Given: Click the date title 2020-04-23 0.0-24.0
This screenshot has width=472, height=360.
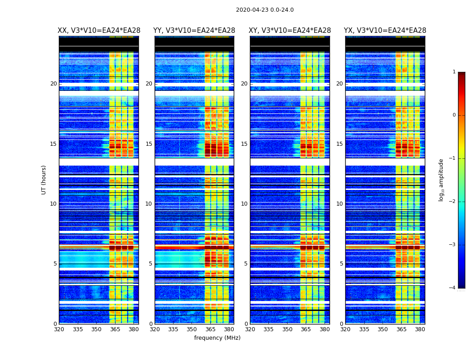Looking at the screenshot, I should click(265, 10).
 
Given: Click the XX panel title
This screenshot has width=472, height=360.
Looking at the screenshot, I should click(99, 31).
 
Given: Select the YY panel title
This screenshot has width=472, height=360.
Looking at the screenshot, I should click(194, 31).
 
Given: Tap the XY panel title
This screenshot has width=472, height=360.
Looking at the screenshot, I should click(290, 31).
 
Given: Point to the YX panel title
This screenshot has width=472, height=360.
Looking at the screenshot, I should click(385, 31).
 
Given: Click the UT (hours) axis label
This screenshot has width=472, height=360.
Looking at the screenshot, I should click(44, 180).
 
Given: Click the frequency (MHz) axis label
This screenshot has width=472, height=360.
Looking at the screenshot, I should click(217, 338).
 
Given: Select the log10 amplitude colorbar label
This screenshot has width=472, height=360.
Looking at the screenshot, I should click(441, 180).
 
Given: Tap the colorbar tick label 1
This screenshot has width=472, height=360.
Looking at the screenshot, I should click(454, 72).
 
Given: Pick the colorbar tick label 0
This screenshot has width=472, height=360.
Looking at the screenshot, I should click(454, 115).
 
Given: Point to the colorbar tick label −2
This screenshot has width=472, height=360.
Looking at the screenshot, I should click(453, 202).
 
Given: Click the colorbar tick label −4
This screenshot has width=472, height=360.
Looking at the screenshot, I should click(453, 288).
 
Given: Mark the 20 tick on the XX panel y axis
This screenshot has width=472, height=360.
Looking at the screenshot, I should click(53, 84).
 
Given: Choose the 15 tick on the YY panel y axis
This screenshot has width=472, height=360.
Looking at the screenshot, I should click(149, 144).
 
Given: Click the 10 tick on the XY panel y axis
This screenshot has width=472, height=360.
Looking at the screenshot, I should click(244, 204).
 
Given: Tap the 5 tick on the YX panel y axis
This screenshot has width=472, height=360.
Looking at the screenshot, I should click(341, 264).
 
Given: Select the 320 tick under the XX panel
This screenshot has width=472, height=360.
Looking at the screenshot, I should click(59, 329).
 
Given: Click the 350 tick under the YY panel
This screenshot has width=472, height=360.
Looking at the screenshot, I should click(192, 329).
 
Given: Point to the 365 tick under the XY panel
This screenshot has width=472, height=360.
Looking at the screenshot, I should click(306, 329).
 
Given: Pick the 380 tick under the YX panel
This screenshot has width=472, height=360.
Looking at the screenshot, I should click(420, 329).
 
